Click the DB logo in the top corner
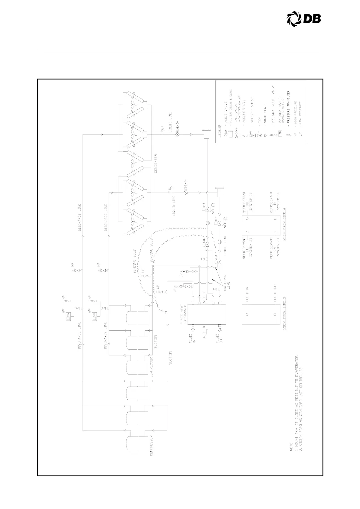[x=303, y=19]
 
